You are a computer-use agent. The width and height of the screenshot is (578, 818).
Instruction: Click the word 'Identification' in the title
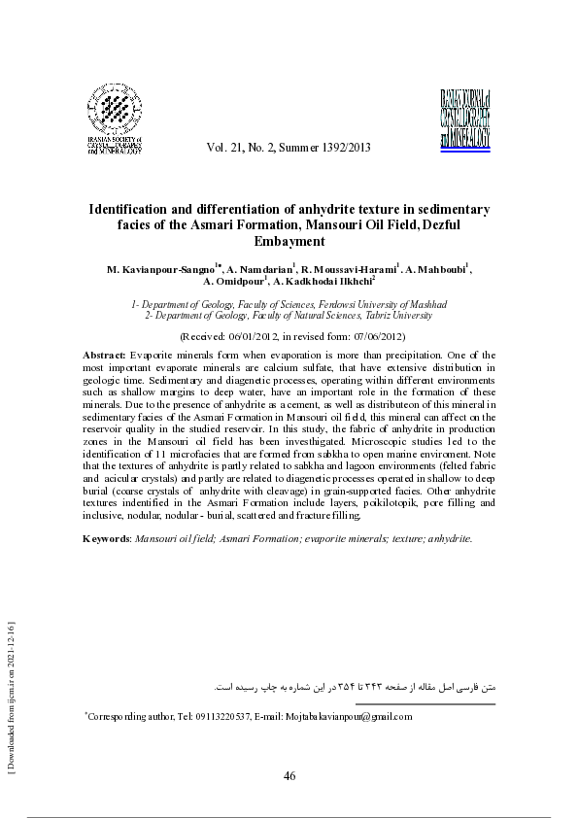(x=133, y=209)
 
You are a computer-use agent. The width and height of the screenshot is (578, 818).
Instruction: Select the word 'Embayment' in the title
(x=289, y=241)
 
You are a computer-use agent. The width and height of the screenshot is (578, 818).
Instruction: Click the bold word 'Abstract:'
(x=105, y=357)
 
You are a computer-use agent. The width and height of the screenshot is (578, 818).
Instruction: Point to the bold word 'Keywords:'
(x=107, y=537)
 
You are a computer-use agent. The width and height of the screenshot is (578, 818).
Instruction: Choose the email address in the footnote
(x=348, y=717)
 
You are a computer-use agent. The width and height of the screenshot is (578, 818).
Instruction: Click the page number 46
(x=289, y=775)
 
